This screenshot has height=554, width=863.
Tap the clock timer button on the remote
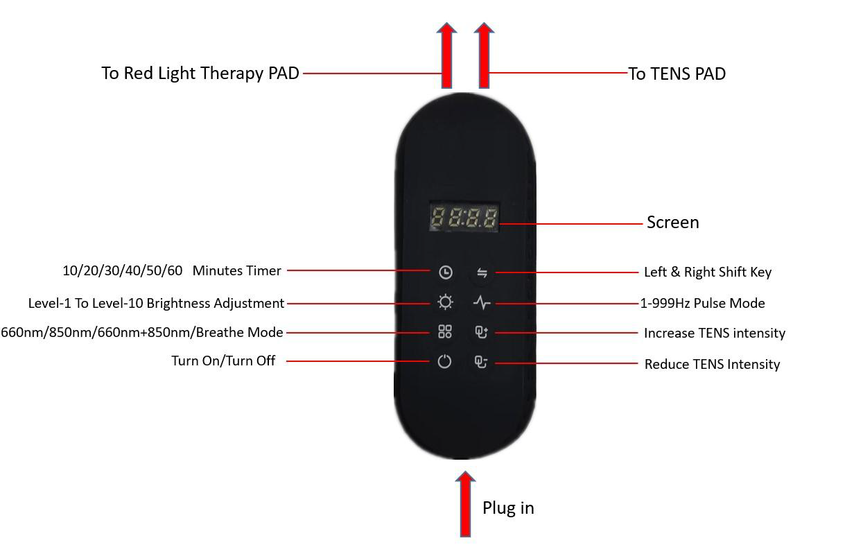point(446,272)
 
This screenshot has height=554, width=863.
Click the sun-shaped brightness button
point(445,302)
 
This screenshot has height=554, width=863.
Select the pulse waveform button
point(482,303)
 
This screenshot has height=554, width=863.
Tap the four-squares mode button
point(445,332)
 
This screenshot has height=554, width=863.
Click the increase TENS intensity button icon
point(481,333)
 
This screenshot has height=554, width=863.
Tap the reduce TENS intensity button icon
point(481,362)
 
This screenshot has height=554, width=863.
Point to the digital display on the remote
point(464,218)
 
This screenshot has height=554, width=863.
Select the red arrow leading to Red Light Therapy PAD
point(447,56)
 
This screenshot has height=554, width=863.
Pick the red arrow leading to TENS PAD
point(484,56)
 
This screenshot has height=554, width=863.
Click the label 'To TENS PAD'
point(677,73)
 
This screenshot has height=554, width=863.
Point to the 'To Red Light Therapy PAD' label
point(200,73)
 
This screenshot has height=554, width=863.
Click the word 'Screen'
point(672,222)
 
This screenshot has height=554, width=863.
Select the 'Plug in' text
point(508,508)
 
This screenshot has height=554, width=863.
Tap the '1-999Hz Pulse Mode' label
point(702,303)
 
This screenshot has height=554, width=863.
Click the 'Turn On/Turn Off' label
point(223,361)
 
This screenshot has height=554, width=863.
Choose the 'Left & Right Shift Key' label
point(707,272)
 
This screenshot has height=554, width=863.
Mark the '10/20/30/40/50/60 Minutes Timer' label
point(172,270)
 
